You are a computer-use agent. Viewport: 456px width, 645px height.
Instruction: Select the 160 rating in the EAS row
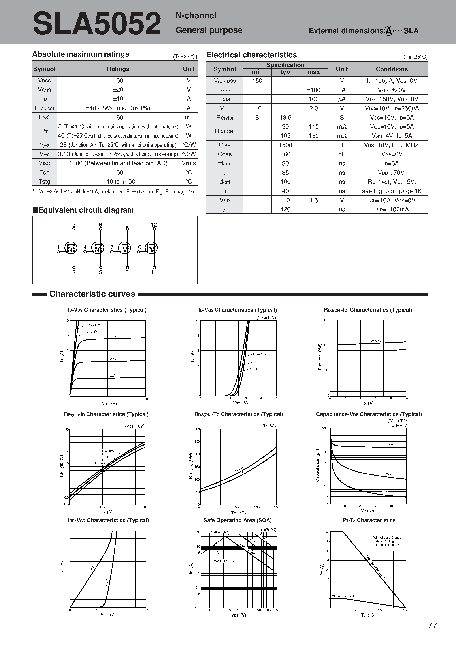(118, 117)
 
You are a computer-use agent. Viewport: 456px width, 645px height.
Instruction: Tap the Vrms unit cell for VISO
(189, 163)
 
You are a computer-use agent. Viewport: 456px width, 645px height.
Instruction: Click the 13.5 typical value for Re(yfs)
(285, 117)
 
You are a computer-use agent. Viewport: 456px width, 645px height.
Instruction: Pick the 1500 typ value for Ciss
(285, 145)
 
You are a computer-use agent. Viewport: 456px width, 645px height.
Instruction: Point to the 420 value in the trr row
(285, 209)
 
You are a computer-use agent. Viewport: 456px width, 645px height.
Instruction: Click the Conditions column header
(392, 69)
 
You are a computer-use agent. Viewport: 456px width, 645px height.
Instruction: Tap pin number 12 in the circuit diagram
(154, 225)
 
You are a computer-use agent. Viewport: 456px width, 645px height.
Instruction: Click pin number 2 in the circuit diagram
(74, 272)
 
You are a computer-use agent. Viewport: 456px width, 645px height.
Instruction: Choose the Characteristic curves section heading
(92, 294)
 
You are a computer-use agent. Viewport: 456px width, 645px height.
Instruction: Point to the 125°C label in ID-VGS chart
(254, 369)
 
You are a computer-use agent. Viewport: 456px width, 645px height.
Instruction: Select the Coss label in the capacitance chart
(389, 474)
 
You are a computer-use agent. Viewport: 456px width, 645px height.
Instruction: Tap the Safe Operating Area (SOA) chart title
(237, 520)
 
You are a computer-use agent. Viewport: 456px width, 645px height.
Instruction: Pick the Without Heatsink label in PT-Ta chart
(343, 596)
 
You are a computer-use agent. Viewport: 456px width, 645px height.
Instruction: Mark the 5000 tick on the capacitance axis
(326, 428)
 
